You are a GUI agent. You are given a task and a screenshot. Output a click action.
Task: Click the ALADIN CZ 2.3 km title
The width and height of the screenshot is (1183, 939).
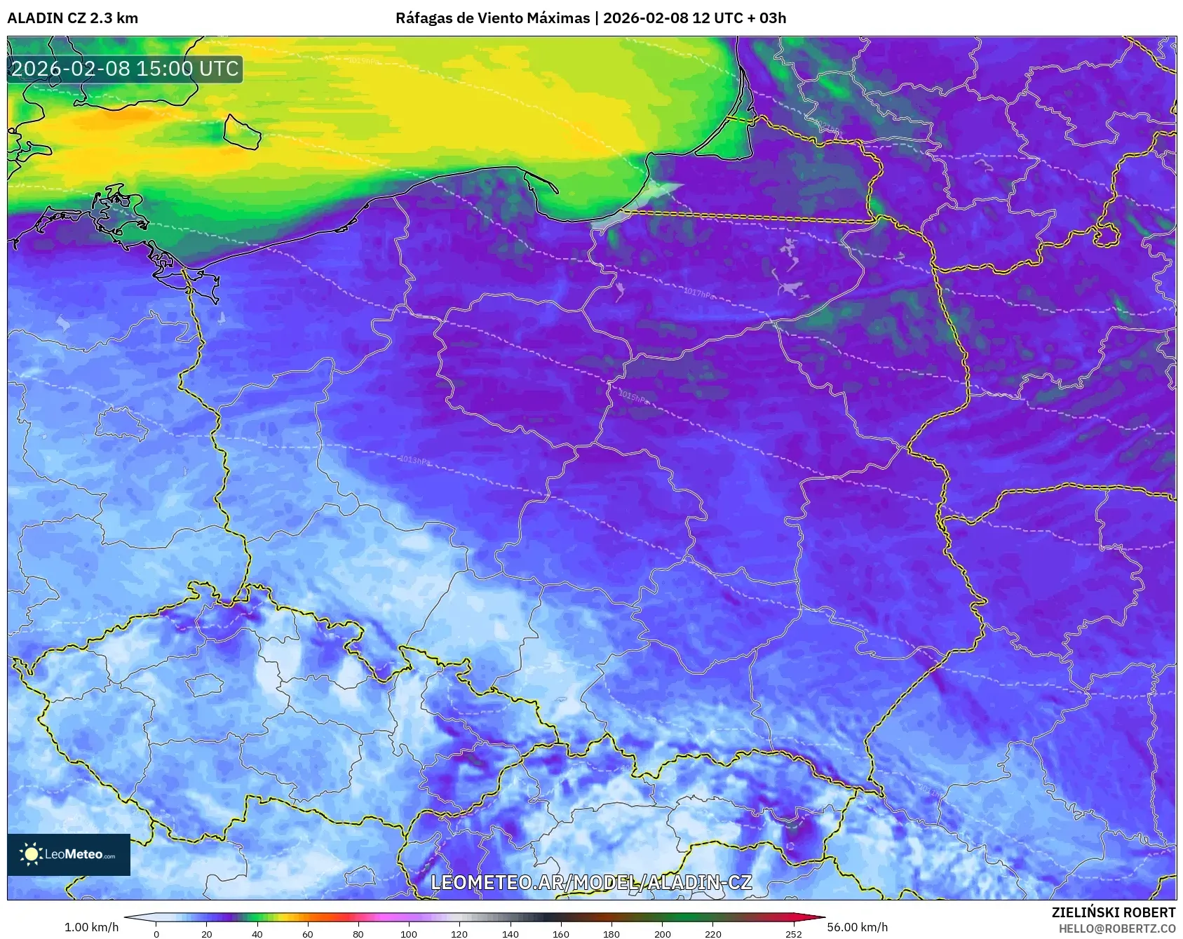pyautogui.click(x=72, y=18)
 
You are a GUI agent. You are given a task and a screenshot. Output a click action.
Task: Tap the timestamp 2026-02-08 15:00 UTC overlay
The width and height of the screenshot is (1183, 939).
pyautogui.click(x=125, y=69)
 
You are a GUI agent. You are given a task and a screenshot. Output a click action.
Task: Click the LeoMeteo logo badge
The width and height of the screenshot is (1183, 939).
pyautogui.click(x=69, y=854)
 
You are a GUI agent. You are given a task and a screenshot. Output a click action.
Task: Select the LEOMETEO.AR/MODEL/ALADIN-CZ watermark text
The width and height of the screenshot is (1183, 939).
pyautogui.click(x=591, y=882)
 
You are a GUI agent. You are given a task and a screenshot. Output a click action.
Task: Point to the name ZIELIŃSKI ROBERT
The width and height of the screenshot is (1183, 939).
pyautogui.click(x=1113, y=912)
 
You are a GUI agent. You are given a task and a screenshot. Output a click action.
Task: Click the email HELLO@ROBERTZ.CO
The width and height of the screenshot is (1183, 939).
pyautogui.click(x=1116, y=928)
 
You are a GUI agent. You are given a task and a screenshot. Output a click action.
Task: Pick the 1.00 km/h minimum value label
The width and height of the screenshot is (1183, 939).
pyautogui.click(x=91, y=927)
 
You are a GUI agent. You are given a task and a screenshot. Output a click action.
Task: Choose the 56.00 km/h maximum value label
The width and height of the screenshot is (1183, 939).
pyautogui.click(x=857, y=927)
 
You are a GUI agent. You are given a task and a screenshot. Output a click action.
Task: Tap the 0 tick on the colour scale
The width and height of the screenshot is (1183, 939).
pyautogui.click(x=156, y=933)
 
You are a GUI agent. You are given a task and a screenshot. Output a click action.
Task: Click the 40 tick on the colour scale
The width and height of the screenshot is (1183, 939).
pyautogui.click(x=257, y=933)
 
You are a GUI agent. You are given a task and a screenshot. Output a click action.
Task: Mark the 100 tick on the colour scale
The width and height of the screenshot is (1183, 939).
pyautogui.click(x=409, y=933)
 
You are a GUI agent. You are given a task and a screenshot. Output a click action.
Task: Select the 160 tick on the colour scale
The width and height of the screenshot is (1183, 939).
pyautogui.click(x=561, y=933)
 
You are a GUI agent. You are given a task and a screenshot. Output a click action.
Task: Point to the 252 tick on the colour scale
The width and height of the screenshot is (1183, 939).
pyautogui.click(x=793, y=933)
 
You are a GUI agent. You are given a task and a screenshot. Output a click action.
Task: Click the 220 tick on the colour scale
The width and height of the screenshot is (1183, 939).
pyautogui.click(x=712, y=933)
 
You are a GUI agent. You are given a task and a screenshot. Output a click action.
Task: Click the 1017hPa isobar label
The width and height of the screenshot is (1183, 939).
pyautogui.click(x=698, y=292)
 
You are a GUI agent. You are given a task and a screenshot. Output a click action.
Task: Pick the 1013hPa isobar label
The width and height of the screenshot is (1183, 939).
pyautogui.click(x=414, y=460)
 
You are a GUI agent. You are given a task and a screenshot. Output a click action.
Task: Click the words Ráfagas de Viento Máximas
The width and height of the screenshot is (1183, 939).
pyautogui.click(x=492, y=18)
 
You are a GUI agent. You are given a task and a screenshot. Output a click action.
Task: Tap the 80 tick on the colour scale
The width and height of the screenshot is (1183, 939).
pyautogui.click(x=358, y=933)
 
